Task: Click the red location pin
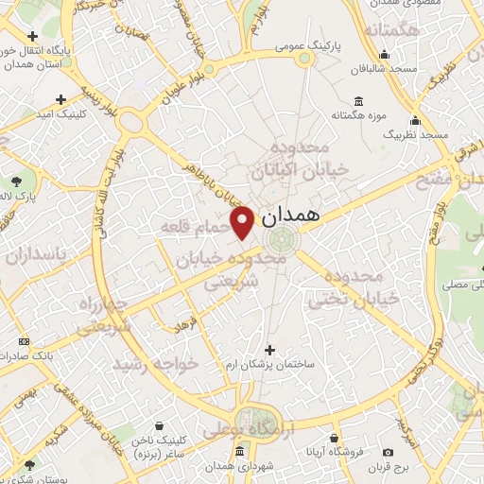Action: coord(243,221)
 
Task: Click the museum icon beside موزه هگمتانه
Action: coord(358,101)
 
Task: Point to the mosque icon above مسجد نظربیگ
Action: coord(415,120)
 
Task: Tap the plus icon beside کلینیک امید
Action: coord(61,98)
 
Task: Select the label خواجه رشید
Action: coord(156,363)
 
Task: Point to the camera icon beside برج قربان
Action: coord(388,452)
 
